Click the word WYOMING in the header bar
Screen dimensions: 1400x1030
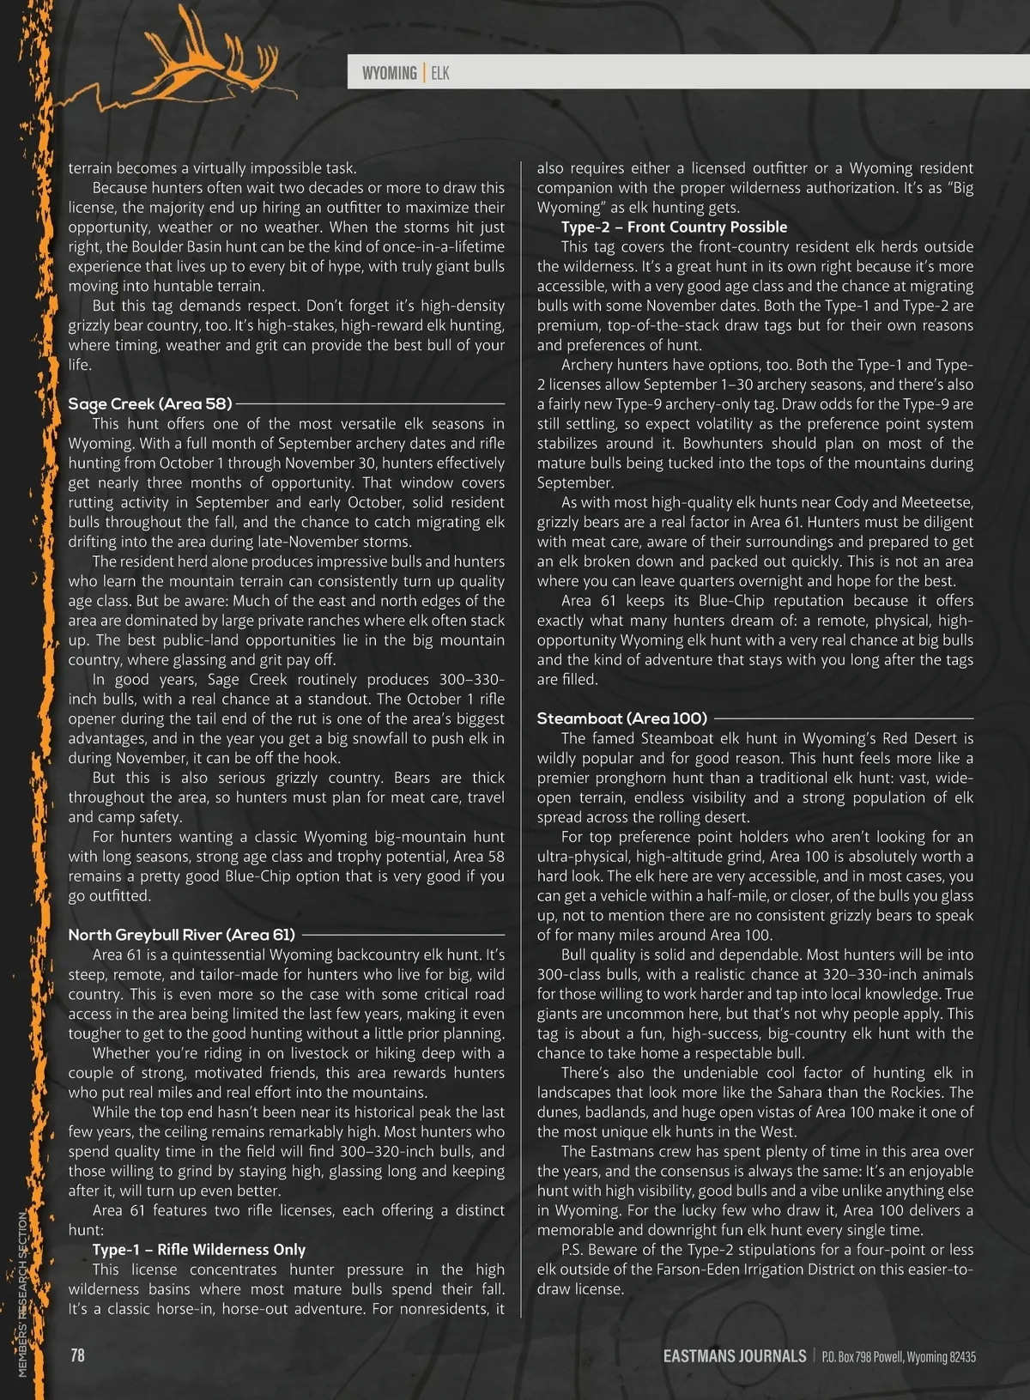click(389, 73)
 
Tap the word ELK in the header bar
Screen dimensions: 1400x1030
click(439, 73)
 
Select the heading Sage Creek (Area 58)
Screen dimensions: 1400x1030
click(150, 403)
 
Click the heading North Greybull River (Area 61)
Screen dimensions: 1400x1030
click(181, 935)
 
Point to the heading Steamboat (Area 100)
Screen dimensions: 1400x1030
click(621, 718)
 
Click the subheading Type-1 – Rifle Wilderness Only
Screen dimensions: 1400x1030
click(199, 1250)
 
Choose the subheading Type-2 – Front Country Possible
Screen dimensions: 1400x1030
click(674, 227)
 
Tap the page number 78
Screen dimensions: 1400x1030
click(77, 1355)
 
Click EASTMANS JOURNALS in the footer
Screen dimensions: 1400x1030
click(734, 1356)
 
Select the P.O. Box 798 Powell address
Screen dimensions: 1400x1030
click(898, 1357)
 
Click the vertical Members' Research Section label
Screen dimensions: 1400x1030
click(23, 1288)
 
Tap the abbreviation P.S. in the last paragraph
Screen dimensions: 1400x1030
click(573, 1250)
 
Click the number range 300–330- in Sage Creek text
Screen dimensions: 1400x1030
click(471, 680)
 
